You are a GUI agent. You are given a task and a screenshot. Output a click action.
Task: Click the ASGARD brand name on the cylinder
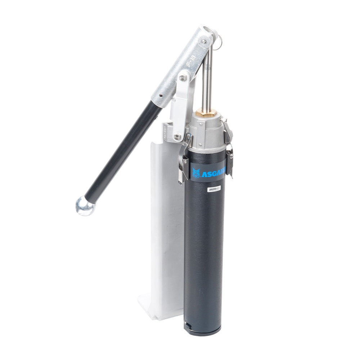[213, 174]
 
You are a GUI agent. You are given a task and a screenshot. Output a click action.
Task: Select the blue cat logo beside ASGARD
[196, 173]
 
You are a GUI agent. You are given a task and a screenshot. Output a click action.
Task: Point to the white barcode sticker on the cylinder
[214, 189]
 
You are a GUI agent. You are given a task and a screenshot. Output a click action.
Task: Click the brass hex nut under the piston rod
[208, 113]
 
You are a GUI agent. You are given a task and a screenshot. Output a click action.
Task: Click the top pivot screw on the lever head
[204, 41]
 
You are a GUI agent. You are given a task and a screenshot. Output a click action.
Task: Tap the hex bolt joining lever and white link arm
[183, 77]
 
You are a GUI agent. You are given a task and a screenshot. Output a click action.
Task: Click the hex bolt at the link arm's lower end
[177, 136]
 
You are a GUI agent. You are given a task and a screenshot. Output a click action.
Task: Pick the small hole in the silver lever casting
[161, 96]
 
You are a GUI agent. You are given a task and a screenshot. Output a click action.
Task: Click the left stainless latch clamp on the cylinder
[183, 160]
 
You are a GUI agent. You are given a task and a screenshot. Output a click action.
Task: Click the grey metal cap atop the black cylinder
[207, 133]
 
